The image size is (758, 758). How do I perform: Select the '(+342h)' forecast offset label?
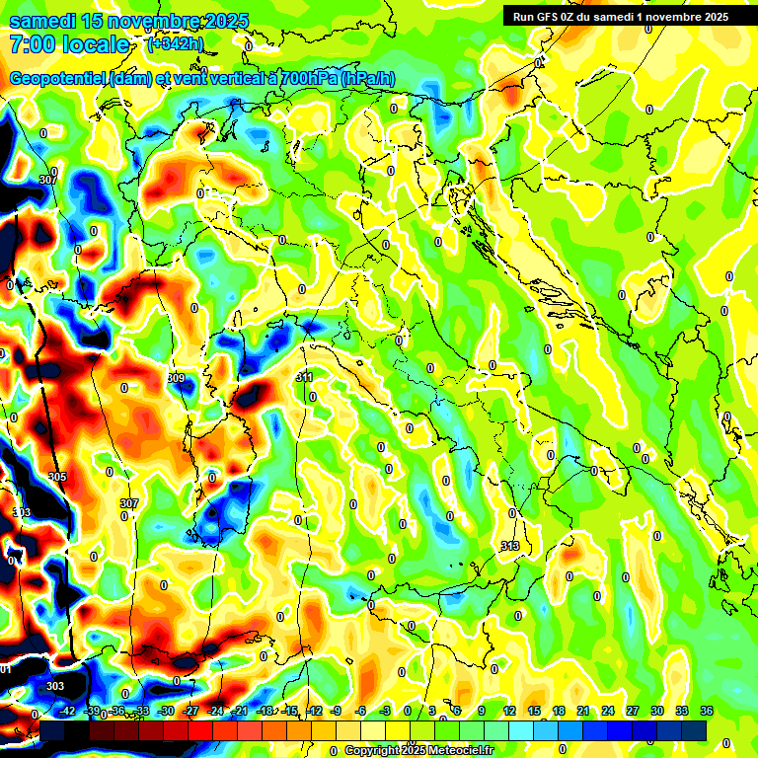tap(175, 44)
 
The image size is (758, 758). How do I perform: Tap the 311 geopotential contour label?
tap(304, 377)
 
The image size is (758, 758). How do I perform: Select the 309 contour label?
tap(176, 378)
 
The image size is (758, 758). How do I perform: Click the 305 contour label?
tap(57, 477)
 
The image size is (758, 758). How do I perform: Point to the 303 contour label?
tap(55, 686)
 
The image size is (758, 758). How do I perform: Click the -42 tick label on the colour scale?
tap(67, 711)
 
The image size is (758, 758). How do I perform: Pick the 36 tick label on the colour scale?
tap(707, 711)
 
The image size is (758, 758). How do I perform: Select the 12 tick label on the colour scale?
tap(508, 711)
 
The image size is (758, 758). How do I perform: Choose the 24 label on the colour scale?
tap(607, 711)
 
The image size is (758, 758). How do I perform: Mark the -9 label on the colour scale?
tap(336, 711)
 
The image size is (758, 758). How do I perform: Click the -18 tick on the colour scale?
tap(265, 711)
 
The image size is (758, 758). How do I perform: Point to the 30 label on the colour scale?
tap(656, 711)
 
